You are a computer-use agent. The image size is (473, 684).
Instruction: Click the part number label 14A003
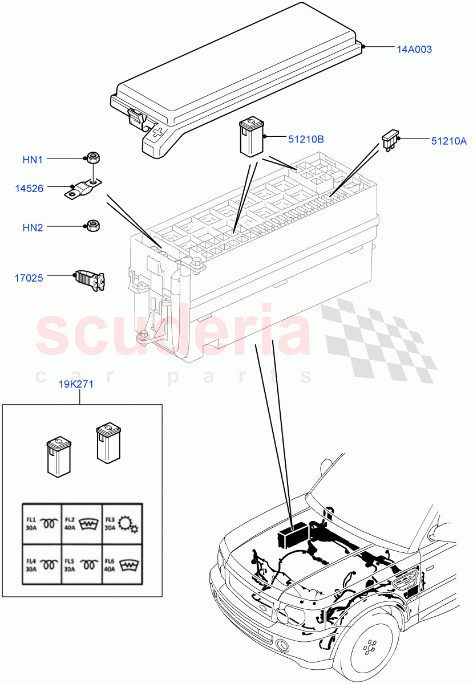(414, 50)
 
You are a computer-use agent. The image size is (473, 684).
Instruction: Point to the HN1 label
(33, 160)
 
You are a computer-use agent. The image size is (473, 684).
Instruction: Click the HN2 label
(33, 227)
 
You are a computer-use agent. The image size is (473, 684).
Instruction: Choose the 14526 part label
(29, 188)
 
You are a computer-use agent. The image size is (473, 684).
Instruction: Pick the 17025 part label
(29, 278)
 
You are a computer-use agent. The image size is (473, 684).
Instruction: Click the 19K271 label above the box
(76, 384)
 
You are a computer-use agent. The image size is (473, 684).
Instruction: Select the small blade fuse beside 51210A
(390, 139)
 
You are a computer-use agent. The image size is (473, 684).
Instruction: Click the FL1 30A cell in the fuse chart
(42, 523)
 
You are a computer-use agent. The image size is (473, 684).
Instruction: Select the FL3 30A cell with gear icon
(122, 523)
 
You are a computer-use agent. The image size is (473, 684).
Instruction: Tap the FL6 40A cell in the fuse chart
(122, 564)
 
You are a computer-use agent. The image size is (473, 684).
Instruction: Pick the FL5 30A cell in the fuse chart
(82, 564)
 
